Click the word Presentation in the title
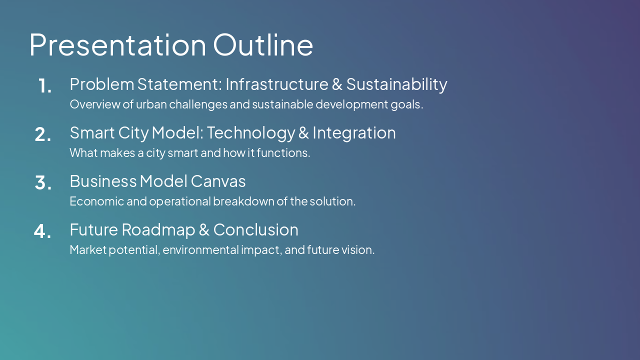[x=117, y=44]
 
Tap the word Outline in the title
[x=263, y=44]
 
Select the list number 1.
[x=45, y=86]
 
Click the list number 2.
[x=43, y=134]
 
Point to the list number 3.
[x=43, y=183]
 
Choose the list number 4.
[x=43, y=231]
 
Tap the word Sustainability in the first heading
[x=396, y=84]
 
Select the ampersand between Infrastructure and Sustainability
[x=337, y=84]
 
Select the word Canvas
[x=218, y=181]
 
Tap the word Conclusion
[x=255, y=229]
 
